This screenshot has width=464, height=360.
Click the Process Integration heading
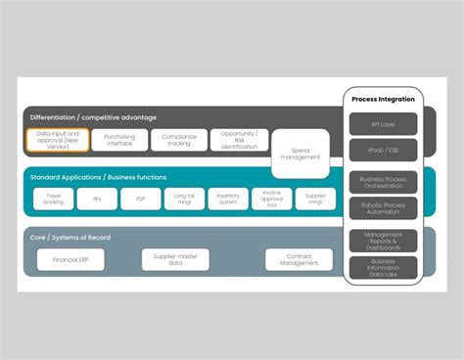pyautogui.click(x=383, y=99)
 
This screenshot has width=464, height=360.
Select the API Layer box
pyautogui.click(x=383, y=123)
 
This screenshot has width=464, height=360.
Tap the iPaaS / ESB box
pyautogui.click(x=383, y=150)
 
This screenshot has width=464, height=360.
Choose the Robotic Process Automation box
pyautogui.click(x=383, y=209)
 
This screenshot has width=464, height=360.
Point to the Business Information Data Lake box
pyautogui.click(x=383, y=267)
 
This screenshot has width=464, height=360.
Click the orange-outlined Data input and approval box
pyautogui.click(x=57, y=140)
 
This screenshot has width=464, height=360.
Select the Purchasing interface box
pyautogui.click(x=119, y=140)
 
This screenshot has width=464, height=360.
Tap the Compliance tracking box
pyautogui.click(x=178, y=140)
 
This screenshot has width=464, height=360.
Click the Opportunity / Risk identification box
pyautogui.click(x=239, y=140)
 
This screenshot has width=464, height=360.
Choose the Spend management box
pyautogui.click(x=301, y=152)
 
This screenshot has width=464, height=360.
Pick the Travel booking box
pyautogui.click(x=54, y=199)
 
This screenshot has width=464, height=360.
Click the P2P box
pyautogui.click(x=140, y=199)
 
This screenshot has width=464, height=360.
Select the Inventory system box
pyautogui.click(x=227, y=199)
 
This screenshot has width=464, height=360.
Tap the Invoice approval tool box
pyautogui.click(x=271, y=199)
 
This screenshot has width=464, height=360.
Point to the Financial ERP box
pyautogui.click(x=70, y=259)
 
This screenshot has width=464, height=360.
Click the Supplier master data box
pyautogui.click(x=174, y=259)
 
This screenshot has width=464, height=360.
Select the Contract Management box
pyautogui.click(x=299, y=259)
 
